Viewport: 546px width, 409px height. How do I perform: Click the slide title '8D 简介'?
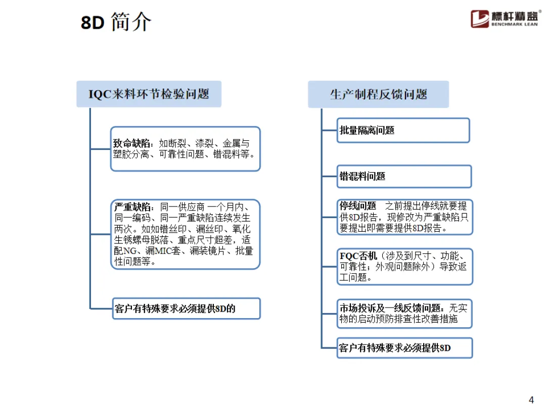coord(116,22)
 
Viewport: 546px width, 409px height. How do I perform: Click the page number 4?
coord(531,400)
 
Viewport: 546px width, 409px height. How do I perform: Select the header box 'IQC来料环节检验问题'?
coord(149,94)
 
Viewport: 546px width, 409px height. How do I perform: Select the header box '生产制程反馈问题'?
coord(378,94)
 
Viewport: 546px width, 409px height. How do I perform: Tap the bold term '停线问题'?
coord(358,206)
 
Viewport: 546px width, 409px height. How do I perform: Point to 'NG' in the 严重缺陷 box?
coord(130,251)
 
